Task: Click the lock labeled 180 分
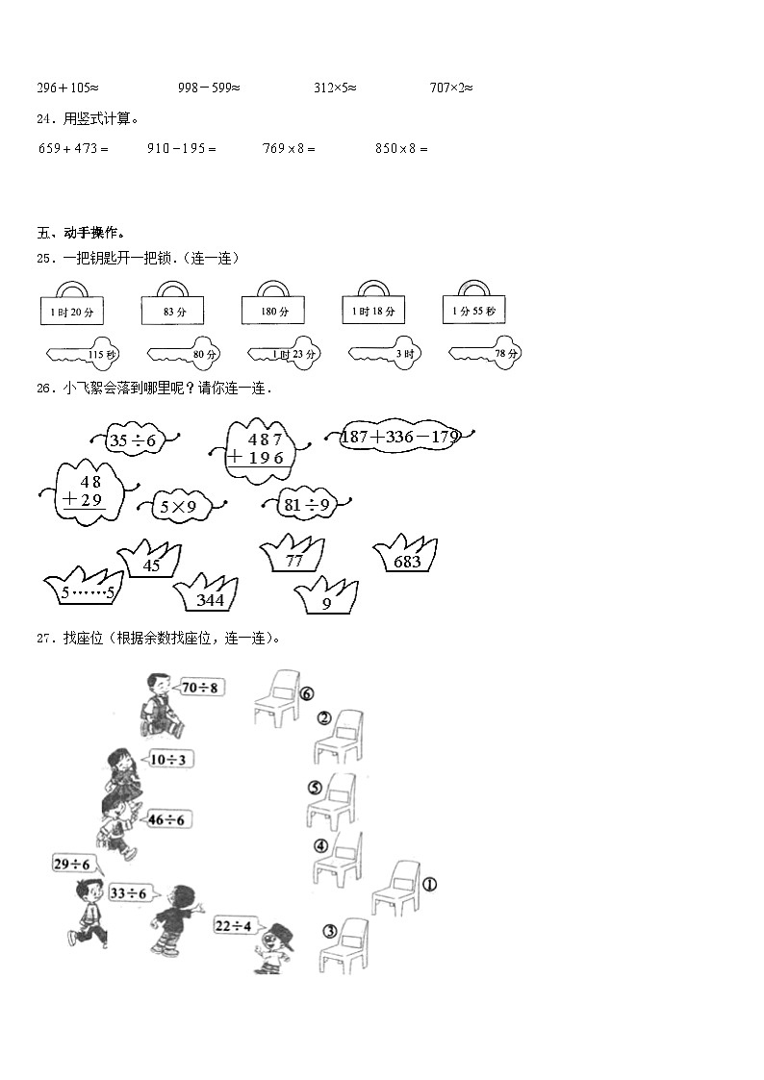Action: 272,309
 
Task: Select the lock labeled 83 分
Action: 173,310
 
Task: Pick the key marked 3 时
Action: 384,354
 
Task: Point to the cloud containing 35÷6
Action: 133,440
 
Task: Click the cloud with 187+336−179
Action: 400,438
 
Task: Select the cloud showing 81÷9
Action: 307,504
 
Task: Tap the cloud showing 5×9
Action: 178,505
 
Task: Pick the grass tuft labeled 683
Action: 407,560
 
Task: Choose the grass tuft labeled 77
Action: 294,560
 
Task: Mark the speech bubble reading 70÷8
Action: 199,687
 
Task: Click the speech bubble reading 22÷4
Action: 233,925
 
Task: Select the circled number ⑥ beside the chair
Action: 307,693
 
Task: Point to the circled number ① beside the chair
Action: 429,883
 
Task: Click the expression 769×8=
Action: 289,148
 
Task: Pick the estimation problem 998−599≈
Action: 209,88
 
